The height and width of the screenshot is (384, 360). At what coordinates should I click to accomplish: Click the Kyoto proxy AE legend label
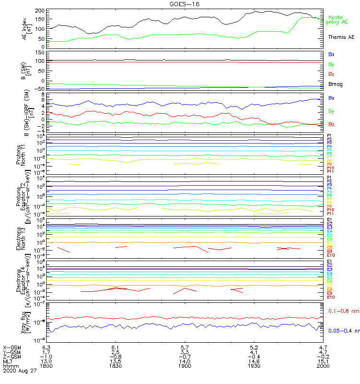[337, 19]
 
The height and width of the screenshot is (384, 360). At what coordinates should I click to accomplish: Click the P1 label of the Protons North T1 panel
[329, 136]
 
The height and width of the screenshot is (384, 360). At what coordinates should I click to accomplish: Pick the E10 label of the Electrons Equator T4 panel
[331, 297]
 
